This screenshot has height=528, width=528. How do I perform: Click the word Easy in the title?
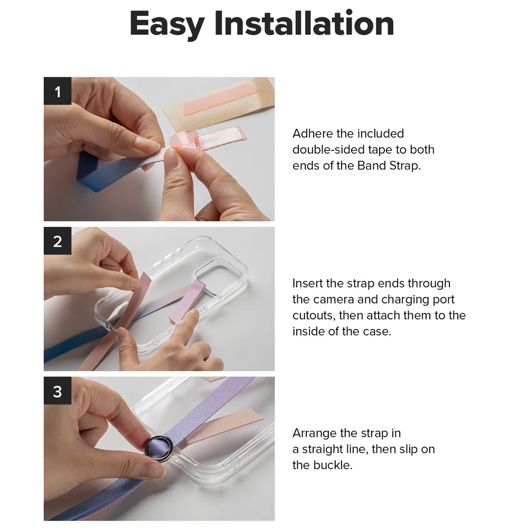pos(167,25)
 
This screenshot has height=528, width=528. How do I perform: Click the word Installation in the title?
pos(305,23)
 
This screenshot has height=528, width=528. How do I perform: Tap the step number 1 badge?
pos(58,91)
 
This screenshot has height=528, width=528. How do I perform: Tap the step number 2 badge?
pos(58,241)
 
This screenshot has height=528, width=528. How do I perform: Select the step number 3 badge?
pos(58,391)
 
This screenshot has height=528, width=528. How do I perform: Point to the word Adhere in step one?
pos(313,134)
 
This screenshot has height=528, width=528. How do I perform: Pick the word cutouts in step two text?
pos(314,316)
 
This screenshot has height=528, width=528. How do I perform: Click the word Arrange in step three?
pos(314,433)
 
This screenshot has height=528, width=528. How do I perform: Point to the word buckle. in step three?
pos(333,465)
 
